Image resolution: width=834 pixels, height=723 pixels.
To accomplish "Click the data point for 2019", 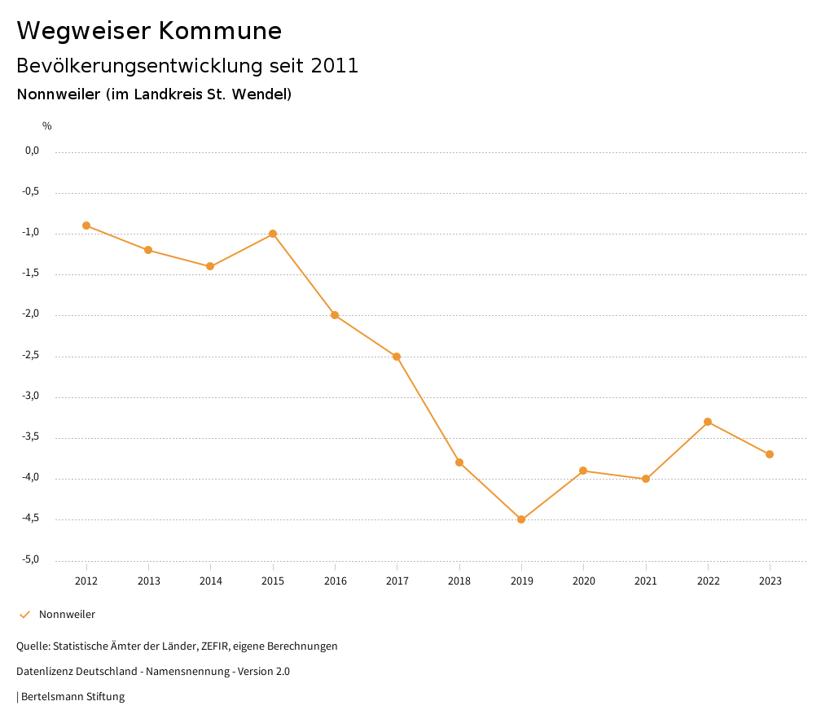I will (521, 519).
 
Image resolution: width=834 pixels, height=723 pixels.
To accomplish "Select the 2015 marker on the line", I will (273, 234).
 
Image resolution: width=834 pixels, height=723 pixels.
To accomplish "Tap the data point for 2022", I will (708, 422).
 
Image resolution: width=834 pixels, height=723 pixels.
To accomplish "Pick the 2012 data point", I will (86, 226).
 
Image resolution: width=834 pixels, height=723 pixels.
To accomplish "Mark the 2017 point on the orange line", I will (397, 357).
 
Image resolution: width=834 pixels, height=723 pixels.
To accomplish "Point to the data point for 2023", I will (770, 454).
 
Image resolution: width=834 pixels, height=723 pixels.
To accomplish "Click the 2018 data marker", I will (459, 462).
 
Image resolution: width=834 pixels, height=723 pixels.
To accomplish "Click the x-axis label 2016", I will (335, 581).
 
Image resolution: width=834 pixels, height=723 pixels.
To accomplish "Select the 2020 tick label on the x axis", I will (583, 581).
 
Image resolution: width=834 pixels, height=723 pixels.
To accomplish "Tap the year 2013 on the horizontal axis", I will (148, 581).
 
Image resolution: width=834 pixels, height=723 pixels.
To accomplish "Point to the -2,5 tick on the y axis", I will (31, 356).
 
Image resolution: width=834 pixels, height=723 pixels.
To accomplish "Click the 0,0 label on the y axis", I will (33, 151).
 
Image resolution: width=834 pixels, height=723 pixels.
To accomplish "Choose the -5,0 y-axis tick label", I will (31, 560).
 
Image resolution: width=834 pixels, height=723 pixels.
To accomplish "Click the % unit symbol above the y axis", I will (47, 126).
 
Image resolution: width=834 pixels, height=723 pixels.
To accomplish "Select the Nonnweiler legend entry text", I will (67, 615).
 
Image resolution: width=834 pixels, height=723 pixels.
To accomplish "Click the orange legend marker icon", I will (24, 615).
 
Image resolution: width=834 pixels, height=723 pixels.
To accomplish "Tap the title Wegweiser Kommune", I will (149, 31).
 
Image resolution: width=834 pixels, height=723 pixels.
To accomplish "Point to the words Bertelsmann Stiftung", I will (72, 697).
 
